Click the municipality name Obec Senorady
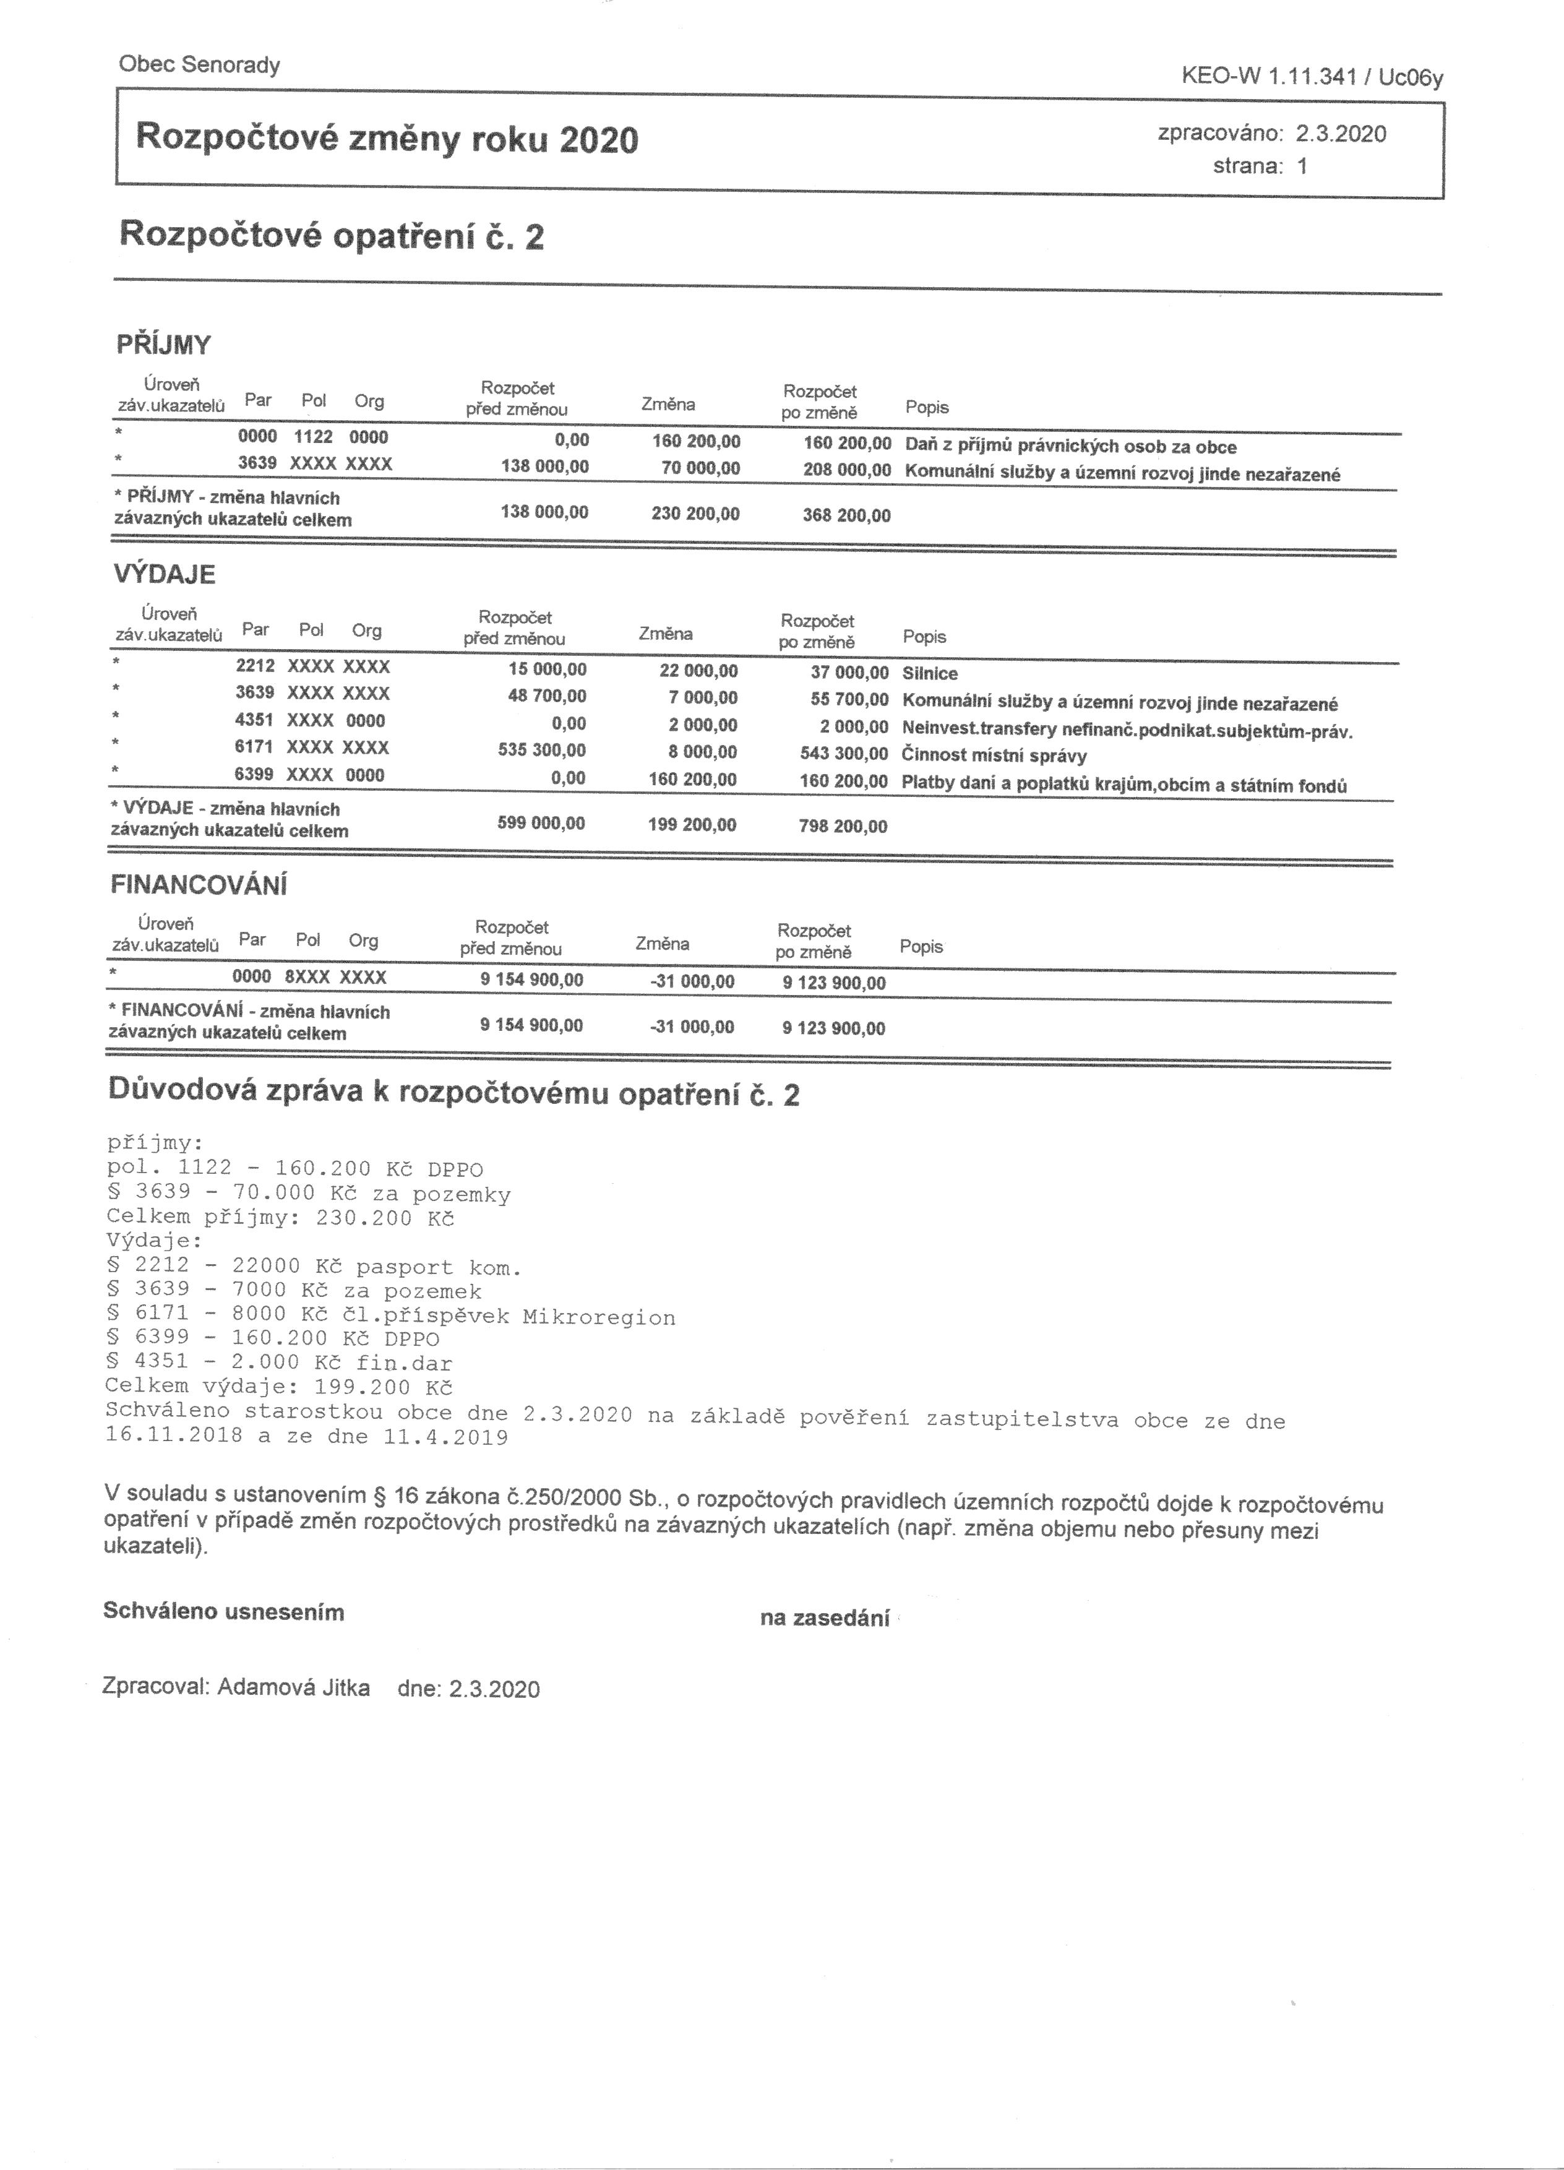click(199, 65)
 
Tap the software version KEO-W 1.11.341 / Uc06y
click(1312, 77)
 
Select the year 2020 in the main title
click(599, 140)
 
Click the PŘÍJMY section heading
click(163, 345)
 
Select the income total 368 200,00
click(846, 515)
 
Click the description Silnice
click(930, 674)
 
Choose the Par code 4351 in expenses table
click(254, 720)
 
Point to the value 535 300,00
click(541, 750)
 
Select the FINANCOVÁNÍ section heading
click(199, 885)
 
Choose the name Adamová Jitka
click(294, 1688)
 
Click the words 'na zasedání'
click(825, 1619)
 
